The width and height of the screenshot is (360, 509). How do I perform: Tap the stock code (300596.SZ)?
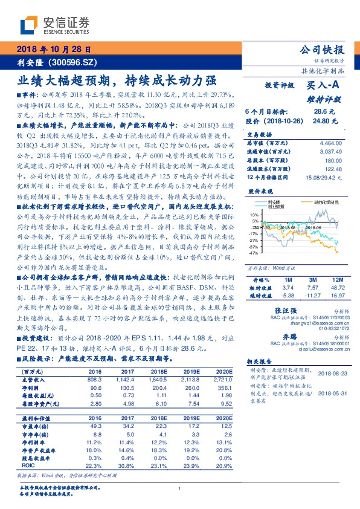point(65,62)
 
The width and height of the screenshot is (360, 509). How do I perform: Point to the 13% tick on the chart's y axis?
point(252,214)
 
